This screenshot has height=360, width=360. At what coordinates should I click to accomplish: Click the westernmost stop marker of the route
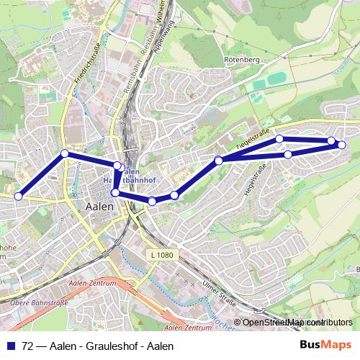point(19,196)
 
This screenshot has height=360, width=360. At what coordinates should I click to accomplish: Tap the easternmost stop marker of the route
point(341,145)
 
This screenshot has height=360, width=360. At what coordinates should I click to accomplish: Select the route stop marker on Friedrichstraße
point(65,153)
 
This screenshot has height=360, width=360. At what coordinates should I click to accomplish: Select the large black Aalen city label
point(99,207)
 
